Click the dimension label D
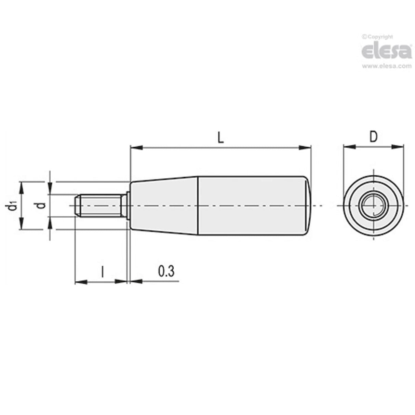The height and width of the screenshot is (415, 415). click(x=373, y=137)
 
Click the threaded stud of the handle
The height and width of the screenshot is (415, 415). click(x=101, y=205)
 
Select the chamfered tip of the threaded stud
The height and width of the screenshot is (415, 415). click(x=77, y=205)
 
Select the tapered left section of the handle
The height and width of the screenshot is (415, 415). click(x=164, y=205)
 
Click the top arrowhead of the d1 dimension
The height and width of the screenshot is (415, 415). click(x=21, y=187)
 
